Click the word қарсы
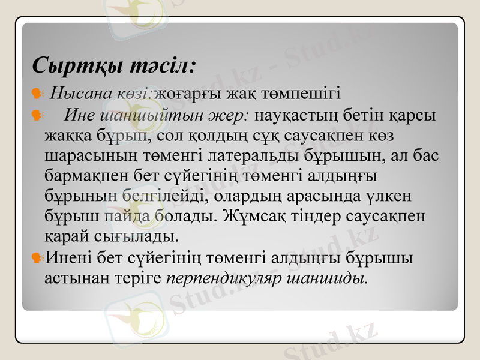414,114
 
